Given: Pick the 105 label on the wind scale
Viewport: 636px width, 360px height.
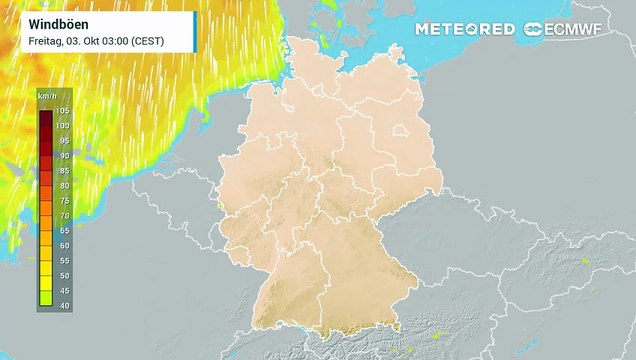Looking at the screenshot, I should [x=62, y=110].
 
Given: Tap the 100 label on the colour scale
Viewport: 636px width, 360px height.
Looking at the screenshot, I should [x=62, y=125].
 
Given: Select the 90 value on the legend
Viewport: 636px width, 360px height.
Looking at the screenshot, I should [x=64, y=155].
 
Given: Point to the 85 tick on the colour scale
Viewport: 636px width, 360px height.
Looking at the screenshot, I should [x=64, y=170].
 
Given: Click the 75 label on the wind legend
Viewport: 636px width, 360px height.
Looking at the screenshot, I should [x=64, y=200].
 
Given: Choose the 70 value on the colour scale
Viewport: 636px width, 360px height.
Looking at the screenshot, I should [x=64, y=215].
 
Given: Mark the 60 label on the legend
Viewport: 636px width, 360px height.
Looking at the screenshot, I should [x=64, y=244].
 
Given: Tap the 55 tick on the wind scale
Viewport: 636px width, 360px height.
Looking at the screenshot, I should [x=64, y=259].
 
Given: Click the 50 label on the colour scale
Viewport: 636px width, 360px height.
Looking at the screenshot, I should [x=64, y=274].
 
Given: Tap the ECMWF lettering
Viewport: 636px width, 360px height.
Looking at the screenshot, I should [x=586, y=29].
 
